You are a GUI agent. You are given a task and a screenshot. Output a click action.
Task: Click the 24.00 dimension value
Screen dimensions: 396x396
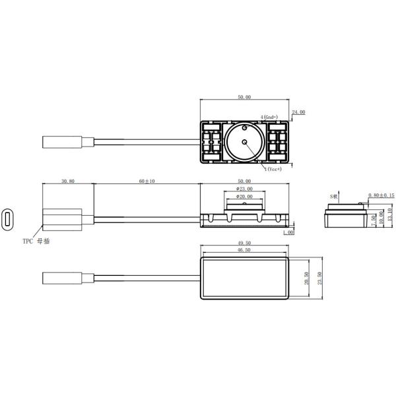tap(299, 112)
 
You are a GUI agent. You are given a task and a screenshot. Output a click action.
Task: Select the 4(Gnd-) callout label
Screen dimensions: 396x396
tap(271, 117)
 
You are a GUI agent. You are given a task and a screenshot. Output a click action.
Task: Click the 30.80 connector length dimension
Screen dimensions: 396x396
tap(67, 180)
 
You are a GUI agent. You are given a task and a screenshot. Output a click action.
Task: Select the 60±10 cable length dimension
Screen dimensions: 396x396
tap(147, 180)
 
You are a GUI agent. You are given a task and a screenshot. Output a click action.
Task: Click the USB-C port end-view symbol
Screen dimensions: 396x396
tap(7, 219)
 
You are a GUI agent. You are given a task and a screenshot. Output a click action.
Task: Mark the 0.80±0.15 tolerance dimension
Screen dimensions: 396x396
tap(381, 195)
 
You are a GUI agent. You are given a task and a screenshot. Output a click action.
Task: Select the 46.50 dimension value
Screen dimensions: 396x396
tap(244, 251)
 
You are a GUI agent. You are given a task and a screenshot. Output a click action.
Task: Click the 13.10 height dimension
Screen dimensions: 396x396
tap(390, 214)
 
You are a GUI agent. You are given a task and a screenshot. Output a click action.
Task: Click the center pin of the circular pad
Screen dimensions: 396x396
tap(244, 142)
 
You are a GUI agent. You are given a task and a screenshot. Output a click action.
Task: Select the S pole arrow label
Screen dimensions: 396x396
tap(335, 196)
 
